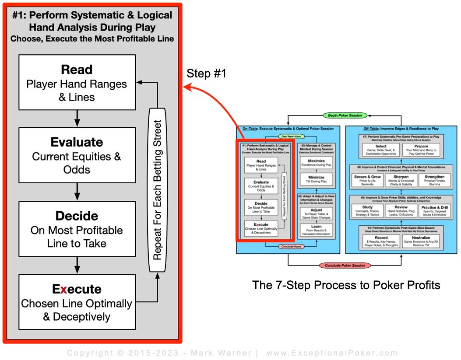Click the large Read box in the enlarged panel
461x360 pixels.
[x=77, y=82]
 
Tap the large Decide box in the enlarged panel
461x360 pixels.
[x=77, y=229]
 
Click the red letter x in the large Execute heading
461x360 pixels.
[x=63, y=290]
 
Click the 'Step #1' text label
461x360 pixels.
[x=207, y=73]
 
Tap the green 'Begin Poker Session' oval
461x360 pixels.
[x=345, y=115]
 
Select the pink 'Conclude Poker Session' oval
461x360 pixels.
[x=345, y=265]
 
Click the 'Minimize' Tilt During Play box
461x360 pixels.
[x=317, y=179]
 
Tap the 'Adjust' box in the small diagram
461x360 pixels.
[x=317, y=213]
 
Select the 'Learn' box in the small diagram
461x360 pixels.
[x=317, y=229]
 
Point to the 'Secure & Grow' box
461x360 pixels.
[x=368, y=179]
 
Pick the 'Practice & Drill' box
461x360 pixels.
[x=434, y=210]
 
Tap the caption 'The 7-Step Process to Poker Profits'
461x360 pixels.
[x=346, y=285]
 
